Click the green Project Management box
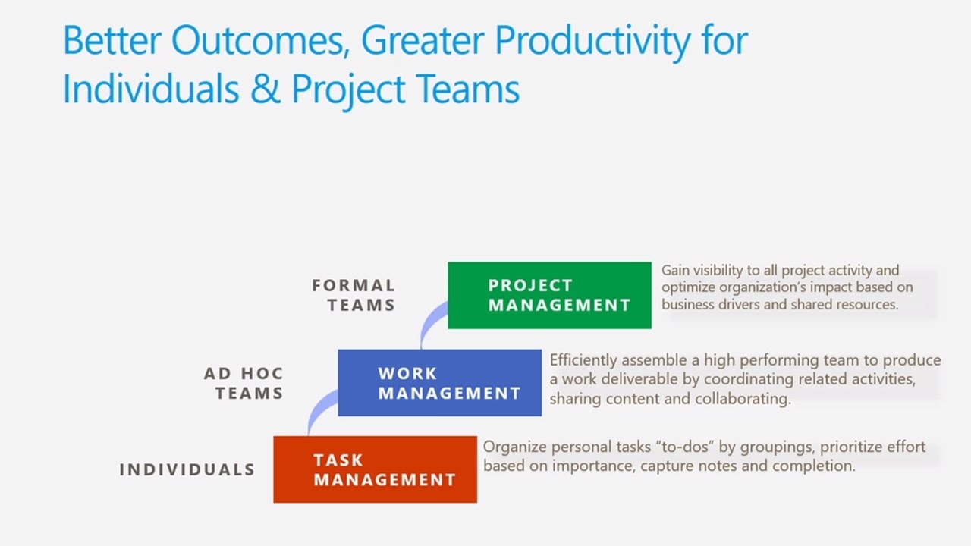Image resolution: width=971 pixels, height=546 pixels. [549, 295]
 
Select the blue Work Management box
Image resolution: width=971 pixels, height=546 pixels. [439, 382]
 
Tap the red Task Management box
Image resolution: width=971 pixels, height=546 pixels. [375, 469]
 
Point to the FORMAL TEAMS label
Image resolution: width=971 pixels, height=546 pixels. [354, 295]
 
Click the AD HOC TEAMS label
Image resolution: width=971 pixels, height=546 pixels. [244, 383]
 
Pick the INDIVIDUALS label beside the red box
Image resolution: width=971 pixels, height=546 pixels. [187, 469]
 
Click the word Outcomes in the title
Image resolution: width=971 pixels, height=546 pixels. [260, 40]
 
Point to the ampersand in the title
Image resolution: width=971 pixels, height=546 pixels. [266, 89]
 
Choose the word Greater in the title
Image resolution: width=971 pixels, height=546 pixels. [422, 40]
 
